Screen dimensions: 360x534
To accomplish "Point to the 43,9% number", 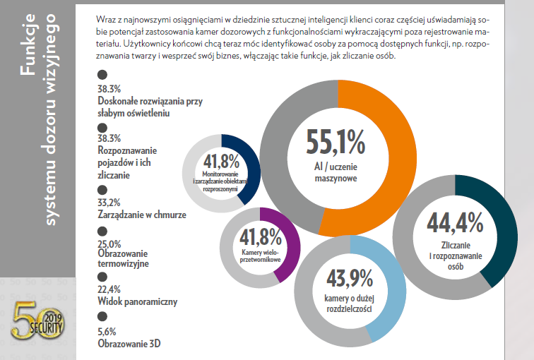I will [x=349, y=279].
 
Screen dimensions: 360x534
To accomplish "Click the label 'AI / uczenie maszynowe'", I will [x=336, y=173].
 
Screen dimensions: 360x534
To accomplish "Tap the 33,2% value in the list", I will [x=109, y=203].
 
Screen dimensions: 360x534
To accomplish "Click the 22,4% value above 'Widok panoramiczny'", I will [x=109, y=289].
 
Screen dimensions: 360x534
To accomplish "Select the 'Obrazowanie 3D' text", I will [x=124, y=344].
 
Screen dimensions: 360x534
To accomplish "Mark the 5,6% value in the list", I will [x=107, y=331].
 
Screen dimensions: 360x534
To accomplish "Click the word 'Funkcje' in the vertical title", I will [x=28, y=49].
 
